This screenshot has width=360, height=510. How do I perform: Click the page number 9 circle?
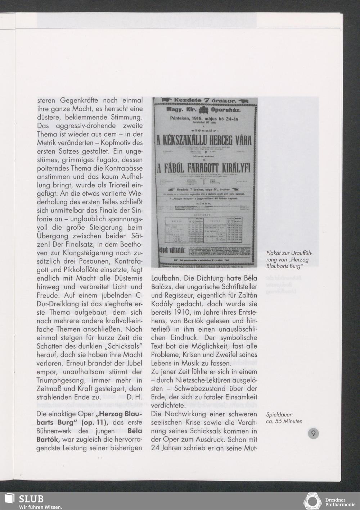coord(313,433)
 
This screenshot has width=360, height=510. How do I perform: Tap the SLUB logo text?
coord(31,499)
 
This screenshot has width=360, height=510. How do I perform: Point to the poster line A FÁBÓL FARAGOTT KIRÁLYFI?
coord(204,168)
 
